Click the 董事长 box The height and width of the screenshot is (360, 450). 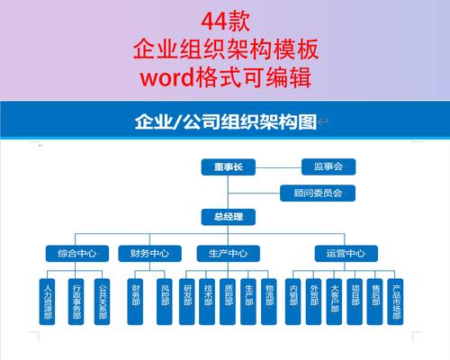coord(229,167)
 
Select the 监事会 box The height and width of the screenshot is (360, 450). coord(328,166)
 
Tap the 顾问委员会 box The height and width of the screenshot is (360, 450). coord(318,193)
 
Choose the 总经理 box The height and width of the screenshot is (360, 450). coord(229,217)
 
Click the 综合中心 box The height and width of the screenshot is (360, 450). coord(77,254)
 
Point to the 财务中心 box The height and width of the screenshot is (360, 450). coord(149,254)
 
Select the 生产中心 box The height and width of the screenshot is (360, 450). coord(229,254)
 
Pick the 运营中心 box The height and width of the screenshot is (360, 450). coord(346,254)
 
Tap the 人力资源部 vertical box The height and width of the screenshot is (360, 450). coord(47,301)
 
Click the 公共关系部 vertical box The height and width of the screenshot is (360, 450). coord(102,301)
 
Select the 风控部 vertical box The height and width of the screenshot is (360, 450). coord(165,301)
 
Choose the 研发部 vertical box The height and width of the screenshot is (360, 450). coord(187,301)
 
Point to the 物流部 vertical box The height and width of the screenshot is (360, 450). coord(269,301)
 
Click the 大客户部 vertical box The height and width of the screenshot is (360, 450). coord(334,301)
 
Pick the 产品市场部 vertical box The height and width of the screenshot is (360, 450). coord(395,301)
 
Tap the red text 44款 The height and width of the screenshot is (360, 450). coord(226,22)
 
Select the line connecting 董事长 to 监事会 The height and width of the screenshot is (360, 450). coord(278,167)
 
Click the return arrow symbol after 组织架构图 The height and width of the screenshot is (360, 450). coord(323,121)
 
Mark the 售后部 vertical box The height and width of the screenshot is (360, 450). coord(374,301)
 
